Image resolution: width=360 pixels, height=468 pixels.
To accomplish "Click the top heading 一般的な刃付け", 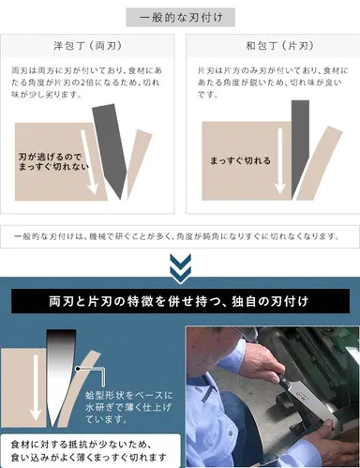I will point(180,18).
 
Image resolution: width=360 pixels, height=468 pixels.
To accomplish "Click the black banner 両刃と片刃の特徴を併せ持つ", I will point(180,303).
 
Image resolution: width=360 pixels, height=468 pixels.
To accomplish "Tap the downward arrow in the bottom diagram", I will point(37,394).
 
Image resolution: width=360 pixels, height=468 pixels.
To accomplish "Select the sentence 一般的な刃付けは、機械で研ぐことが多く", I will point(180,235).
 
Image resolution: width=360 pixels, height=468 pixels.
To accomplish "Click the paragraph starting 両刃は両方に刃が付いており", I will point(89,85).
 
